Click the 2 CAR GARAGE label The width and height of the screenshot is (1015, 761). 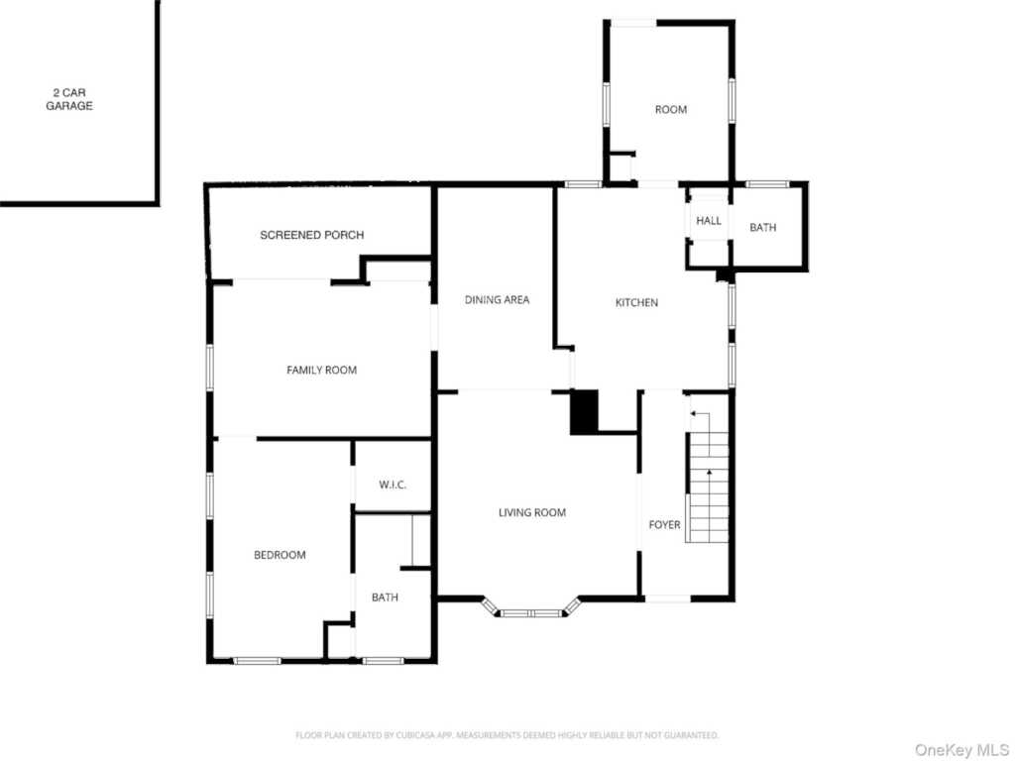69,99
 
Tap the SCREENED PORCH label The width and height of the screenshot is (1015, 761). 311,235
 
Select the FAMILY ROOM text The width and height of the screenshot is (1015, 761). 321,370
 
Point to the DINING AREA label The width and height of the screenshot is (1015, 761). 497,299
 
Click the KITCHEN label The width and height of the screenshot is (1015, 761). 636,302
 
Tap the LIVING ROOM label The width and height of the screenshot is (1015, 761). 532,512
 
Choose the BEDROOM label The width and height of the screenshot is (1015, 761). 280,555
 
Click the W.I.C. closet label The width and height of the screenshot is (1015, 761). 393,485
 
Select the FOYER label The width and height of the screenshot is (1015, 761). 664,524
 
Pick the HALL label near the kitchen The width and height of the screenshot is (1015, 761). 709,221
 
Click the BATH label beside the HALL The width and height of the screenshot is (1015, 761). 763,228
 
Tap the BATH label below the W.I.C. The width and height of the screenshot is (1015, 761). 385,598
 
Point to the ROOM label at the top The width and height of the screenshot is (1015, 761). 671,109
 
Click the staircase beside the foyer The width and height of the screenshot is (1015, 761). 709,486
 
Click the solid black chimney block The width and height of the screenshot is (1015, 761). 584,412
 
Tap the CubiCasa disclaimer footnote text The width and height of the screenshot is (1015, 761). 507,735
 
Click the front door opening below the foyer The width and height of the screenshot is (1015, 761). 667,598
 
